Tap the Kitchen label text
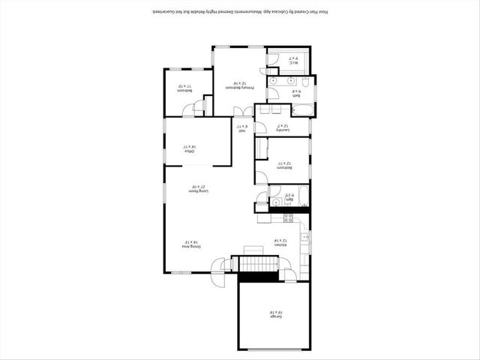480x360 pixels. [x=279, y=244]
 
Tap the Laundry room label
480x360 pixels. [x=282, y=128]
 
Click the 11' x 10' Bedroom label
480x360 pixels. [x=184, y=88]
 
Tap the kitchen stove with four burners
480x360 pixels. [x=287, y=218]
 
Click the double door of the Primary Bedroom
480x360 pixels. [x=242, y=112]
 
